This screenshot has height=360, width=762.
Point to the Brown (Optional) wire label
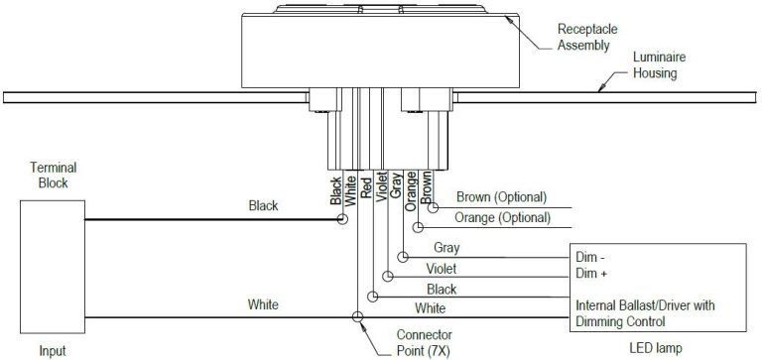500,197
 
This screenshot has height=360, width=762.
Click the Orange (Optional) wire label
502,217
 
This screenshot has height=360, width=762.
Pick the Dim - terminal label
591,256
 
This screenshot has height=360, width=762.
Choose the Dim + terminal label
592,272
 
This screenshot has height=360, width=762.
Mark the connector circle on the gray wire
402,257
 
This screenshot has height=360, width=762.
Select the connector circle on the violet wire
387,277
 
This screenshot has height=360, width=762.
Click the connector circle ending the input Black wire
343,219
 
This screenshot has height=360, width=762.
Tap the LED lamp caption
659,349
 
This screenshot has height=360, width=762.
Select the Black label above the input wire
263,206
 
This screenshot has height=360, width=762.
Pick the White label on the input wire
263,304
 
